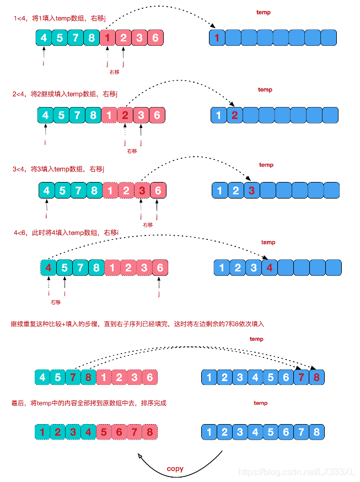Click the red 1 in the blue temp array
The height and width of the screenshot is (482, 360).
tap(217, 38)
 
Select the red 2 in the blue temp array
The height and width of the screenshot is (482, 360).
tap(235, 115)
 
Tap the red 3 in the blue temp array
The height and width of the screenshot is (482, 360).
tap(252, 191)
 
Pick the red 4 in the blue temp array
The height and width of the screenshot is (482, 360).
tap(269, 269)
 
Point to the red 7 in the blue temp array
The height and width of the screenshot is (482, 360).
tap(300, 378)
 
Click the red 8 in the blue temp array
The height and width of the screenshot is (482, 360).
tap(316, 378)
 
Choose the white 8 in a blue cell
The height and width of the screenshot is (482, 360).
tap(316, 432)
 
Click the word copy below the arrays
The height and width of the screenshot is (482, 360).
tap(175, 469)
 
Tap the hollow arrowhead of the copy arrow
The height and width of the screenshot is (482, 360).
tap(142, 456)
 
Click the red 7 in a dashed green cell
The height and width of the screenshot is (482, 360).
tap(72, 378)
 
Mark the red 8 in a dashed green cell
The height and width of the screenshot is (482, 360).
tap(88, 378)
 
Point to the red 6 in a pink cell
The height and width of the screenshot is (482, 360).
tap(119, 432)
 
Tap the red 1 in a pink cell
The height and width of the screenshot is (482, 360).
tap(108, 38)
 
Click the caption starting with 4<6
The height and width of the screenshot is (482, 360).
tap(66, 233)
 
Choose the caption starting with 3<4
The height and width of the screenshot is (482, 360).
tap(58, 168)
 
